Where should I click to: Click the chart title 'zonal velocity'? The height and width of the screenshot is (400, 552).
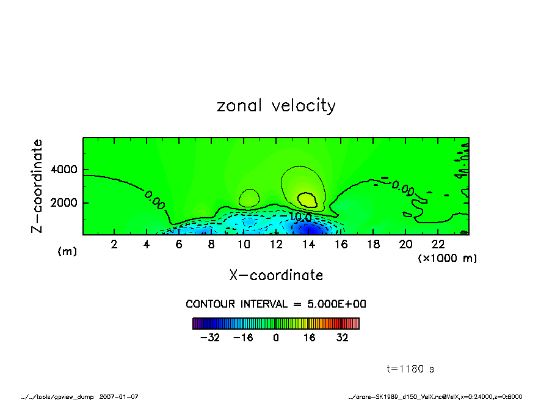click(276, 106)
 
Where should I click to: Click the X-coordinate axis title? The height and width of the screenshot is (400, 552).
click(276, 275)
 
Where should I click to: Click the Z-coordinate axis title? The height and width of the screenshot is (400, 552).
click(37, 185)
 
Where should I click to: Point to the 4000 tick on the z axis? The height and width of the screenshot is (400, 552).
click(68, 169)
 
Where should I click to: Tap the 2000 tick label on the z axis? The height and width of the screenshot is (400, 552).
click(68, 202)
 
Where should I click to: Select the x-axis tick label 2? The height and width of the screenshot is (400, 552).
click(114, 244)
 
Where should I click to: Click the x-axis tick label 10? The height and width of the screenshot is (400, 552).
click(244, 244)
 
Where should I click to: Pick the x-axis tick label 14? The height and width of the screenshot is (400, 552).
click(308, 244)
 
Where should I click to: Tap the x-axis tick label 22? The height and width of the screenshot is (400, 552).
click(438, 244)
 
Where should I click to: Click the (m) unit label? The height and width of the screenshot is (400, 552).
click(67, 251)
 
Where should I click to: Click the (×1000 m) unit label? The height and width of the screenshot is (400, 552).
click(447, 258)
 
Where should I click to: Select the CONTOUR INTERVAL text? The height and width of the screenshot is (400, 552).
click(276, 304)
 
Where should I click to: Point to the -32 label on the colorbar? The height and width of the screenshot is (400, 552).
click(210, 337)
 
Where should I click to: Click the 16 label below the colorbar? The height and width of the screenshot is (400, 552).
click(310, 337)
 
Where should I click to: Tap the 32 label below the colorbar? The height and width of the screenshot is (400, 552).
click(342, 337)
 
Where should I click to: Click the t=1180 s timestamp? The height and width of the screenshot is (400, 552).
click(410, 369)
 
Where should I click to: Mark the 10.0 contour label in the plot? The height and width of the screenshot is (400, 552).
click(300, 217)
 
